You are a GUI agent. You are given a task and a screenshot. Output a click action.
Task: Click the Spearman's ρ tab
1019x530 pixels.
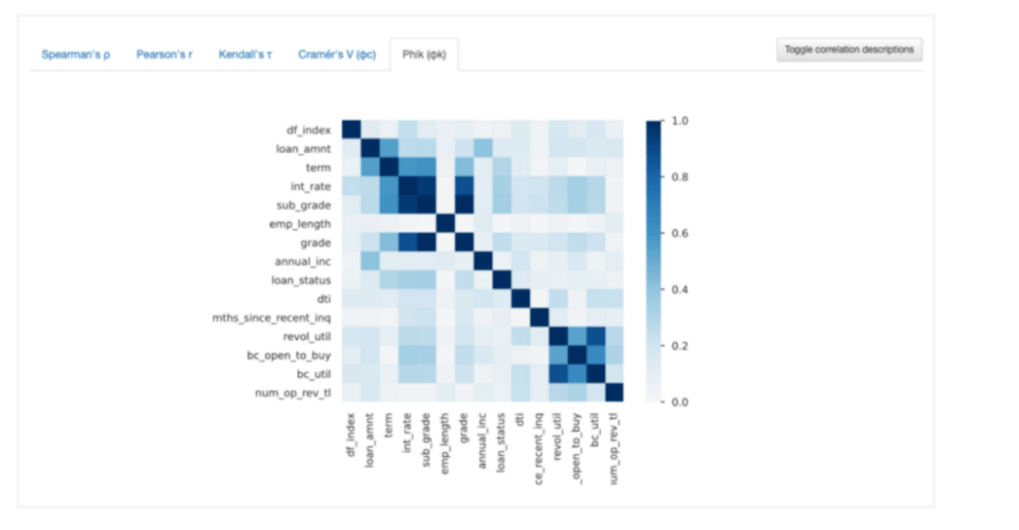[x=75, y=55]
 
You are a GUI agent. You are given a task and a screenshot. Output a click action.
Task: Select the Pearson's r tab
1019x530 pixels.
[x=164, y=55]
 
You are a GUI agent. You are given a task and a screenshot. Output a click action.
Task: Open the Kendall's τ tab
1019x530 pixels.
[x=245, y=55]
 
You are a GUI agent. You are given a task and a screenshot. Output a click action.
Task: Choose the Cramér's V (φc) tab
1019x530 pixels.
[x=337, y=55]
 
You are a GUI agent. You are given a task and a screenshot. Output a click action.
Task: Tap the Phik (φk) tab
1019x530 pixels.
[x=424, y=55]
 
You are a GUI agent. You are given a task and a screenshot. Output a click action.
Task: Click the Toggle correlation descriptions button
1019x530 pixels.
[x=849, y=49]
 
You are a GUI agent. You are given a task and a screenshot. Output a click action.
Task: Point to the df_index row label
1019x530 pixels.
[x=309, y=130]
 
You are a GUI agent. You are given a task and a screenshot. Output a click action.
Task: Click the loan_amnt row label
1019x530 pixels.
[x=304, y=148]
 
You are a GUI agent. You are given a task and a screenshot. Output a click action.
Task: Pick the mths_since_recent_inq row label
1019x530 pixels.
[x=273, y=317]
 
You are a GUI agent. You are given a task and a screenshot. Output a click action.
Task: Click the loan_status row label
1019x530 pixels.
[x=303, y=280]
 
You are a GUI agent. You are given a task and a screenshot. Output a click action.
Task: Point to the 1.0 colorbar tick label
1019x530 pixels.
[x=678, y=121]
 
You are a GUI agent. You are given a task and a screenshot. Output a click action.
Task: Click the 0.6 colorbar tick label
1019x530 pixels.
[x=678, y=233]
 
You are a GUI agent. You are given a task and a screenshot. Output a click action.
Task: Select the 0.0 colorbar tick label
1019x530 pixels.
[x=678, y=402]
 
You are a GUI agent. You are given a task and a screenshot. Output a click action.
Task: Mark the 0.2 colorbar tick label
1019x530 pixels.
[x=678, y=346]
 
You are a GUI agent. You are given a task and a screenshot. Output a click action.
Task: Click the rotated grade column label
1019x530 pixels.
[x=463, y=430]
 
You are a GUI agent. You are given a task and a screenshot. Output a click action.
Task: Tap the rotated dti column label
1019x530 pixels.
[x=520, y=419]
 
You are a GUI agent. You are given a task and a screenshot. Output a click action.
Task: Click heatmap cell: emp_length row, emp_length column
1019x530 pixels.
[x=444, y=224]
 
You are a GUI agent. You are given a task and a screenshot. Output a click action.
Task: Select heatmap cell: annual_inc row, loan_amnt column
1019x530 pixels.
[x=370, y=261]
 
